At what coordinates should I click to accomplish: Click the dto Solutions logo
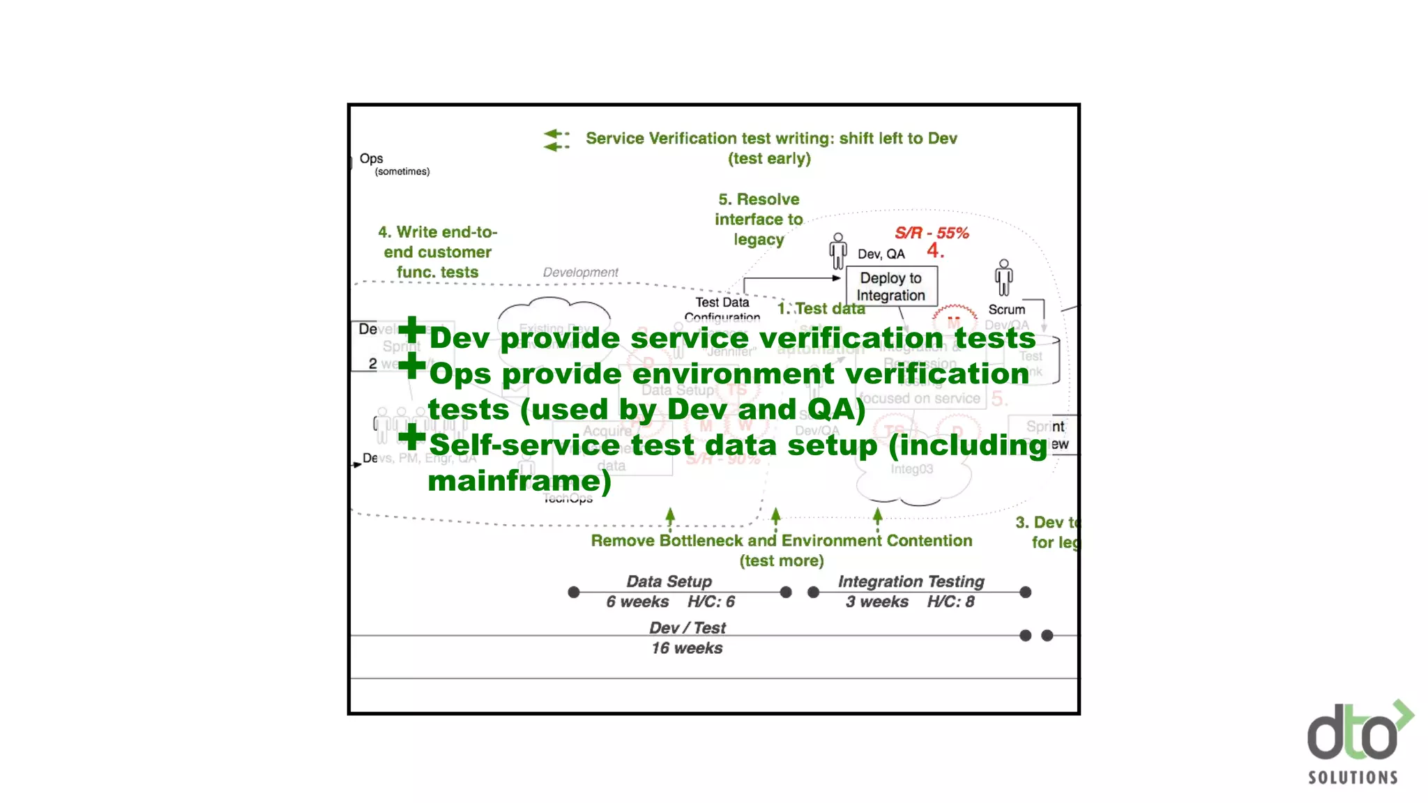(x=1356, y=743)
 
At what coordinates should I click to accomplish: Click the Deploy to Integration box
(x=890, y=286)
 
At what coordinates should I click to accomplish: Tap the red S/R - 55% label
(x=932, y=233)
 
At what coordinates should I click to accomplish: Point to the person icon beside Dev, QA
(x=838, y=251)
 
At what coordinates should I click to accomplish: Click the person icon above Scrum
(x=1003, y=277)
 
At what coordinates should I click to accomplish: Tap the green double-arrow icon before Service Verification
(x=556, y=139)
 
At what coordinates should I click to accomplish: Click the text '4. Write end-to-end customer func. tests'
(x=438, y=252)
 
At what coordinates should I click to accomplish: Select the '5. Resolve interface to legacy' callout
(x=759, y=219)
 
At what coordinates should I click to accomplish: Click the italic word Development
(x=580, y=272)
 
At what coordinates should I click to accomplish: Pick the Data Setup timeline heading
(x=669, y=581)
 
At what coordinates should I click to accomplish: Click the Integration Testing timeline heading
(x=911, y=581)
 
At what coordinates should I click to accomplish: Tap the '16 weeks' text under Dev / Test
(x=687, y=648)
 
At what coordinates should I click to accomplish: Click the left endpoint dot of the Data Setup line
(x=574, y=592)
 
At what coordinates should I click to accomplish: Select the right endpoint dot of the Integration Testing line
(x=1025, y=592)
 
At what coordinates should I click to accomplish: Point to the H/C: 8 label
(x=950, y=602)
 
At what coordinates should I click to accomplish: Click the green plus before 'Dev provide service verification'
(x=412, y=330)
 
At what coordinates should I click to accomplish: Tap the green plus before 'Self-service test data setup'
(x=412, y=437)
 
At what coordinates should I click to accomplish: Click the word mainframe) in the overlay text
(x=519, y=481)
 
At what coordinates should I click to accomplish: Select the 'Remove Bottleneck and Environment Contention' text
(x=781, y=541)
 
